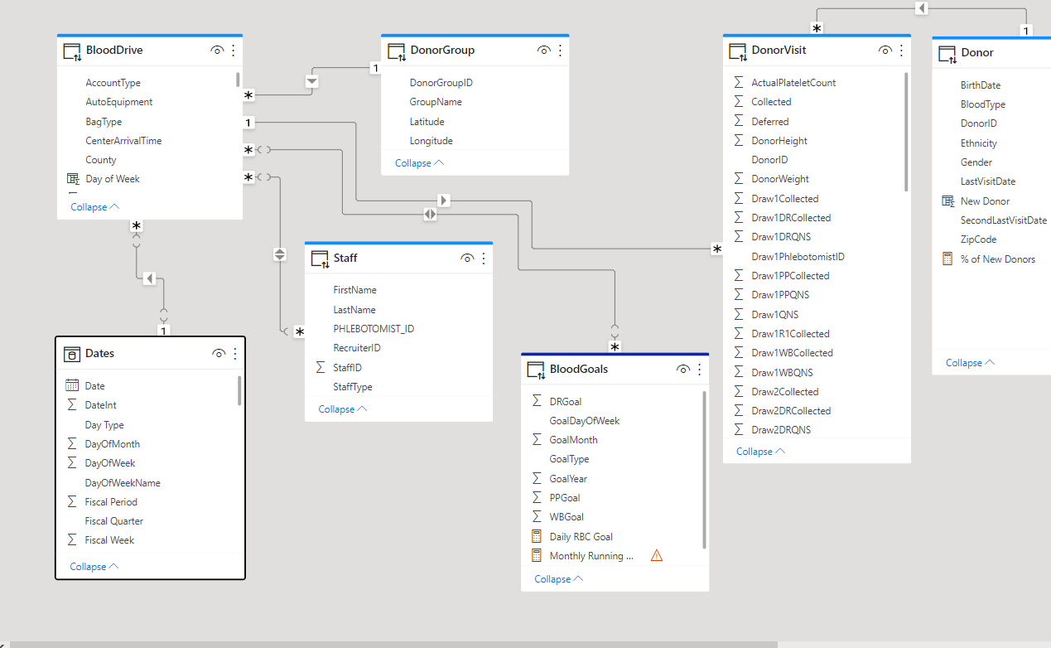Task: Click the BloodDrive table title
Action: tap(114, 50)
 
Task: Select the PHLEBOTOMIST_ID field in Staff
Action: tap(374, 329)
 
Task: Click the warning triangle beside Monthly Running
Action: tap(657, 555)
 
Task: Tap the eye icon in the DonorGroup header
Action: tap(543, 50)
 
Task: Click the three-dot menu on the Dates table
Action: tap(235, 354)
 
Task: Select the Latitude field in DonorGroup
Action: tap(427, 122)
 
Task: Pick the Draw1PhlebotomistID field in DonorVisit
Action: tap(798, 256)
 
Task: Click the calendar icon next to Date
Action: tap(72, 385)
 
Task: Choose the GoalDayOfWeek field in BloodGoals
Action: tap(584, 421)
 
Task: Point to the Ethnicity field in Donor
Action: tap(978, 143)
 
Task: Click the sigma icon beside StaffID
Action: tap(321, 367)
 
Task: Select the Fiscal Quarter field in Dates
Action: tap(113, 520)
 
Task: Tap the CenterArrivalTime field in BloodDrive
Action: tap(123, 140)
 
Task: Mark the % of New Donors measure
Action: tap(997, 259)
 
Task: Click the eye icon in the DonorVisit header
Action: tap(885, 50)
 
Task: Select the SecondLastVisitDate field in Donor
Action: tap(1003, 220)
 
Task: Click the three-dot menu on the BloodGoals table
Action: tap(699, 370)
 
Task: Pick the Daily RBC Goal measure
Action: tap(581, 537)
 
